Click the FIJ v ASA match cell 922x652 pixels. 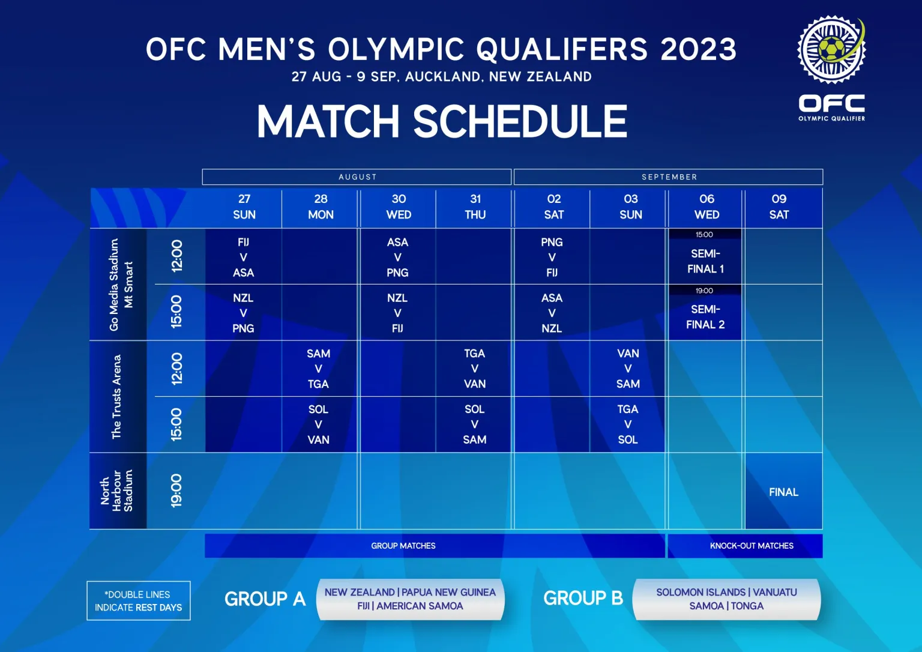(243, 257)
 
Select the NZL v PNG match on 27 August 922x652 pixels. (243, 313)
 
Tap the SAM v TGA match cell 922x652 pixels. (319, 369)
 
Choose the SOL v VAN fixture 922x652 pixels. (319, 424)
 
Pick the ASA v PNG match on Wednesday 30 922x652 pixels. (397, 257)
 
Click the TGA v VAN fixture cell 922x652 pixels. (475, 369)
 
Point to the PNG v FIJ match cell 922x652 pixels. (552, 257)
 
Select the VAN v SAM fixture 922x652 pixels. (628, 369)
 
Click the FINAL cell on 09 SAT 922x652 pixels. (784, 492)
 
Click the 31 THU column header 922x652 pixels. (475, 207)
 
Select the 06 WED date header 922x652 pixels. (707, 207)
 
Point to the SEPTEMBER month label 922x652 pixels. (670, 177)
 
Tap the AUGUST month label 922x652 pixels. (358, 177)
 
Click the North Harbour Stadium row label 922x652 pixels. (117, 491)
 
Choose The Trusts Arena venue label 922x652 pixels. (116, 396)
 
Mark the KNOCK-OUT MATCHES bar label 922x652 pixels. (752, 546)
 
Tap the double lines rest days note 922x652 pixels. (138, 600)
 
